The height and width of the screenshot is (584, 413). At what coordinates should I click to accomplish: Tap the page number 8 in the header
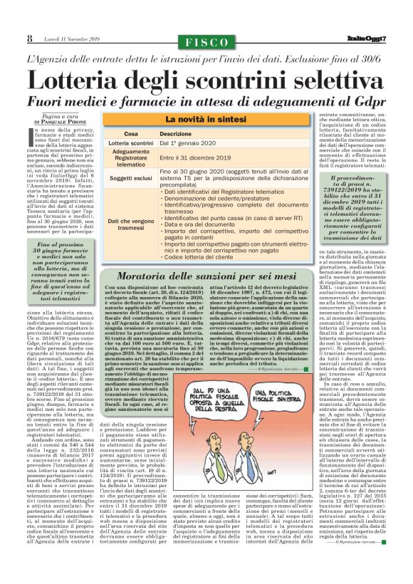[30, 38]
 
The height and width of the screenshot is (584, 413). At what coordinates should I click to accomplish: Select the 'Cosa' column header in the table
[131, 134]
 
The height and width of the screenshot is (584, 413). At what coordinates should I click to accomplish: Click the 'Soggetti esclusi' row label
[131, 177]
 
